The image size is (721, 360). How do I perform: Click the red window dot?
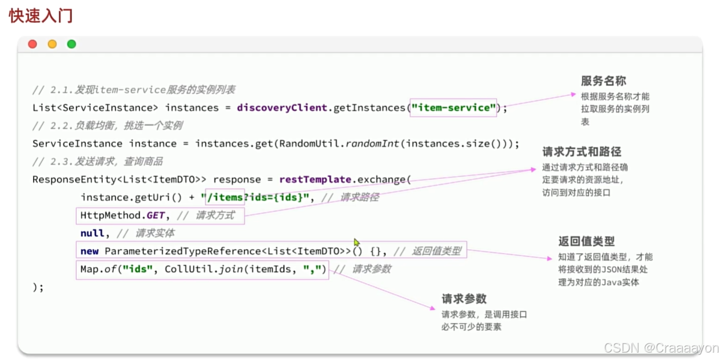pyautogui.click(x=33, y=44)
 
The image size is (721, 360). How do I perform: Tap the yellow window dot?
pyautogui.click(x=52, y=44)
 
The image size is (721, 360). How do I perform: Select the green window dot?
pyautogui.click(x=71, y=44)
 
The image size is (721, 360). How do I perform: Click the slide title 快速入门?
pyautogui.click(x=41, y=15)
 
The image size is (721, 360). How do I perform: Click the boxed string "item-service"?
pyautogui.click(x=454, y=107)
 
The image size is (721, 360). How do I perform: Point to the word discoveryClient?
pyautogui.click(x=281, y=107)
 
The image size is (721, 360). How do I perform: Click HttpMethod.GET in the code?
pyautogui.click(x=122, y=215)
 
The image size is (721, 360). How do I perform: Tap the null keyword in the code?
pyautogui.click(x=92, y=233)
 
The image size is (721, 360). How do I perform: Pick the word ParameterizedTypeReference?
pyautogui.click(x=183, y=251)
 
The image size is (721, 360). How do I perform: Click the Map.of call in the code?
pyautogui.click(x=100, y=269)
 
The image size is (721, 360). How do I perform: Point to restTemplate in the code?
pyautogui.click(x=315, y=179)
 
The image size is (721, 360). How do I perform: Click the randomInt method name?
pyautogui.click(x=373, y=143)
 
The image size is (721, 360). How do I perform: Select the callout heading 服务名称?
pyautogui.click(x=604, y=81)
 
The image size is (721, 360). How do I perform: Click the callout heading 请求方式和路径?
pyautogui.click(x=581, y=152)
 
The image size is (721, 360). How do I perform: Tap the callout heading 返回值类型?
pyautogui.click(x=587, y=241)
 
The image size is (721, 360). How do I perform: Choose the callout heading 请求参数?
pyautogui.click(x=464, y=299)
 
